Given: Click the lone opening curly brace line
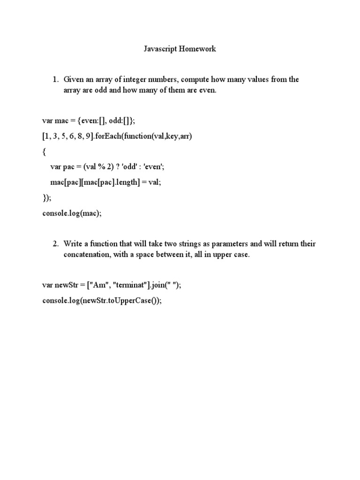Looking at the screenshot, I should [45, 152].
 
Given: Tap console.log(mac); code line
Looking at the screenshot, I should [72, 213].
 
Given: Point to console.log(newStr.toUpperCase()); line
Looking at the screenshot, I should [102, 301].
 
